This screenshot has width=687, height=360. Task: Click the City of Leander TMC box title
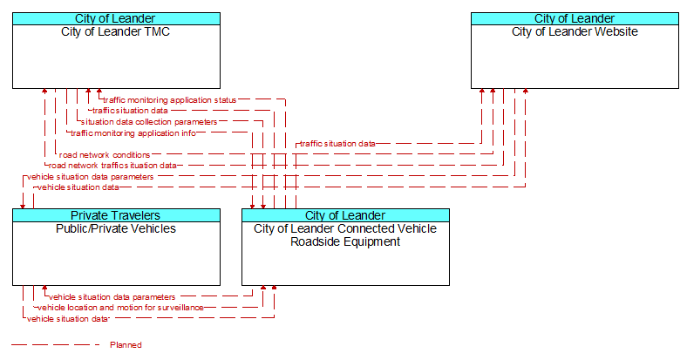click(116, 31)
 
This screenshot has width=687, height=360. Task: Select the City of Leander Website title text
click(575, 31)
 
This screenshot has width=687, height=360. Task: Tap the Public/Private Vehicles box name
click(116, 228)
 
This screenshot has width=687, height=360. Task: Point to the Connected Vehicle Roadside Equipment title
click(345, 235)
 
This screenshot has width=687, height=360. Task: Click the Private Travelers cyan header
click(116, 215)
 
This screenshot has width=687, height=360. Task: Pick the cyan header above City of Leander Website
click(575, 18)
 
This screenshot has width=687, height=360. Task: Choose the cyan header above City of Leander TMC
click(116, 18)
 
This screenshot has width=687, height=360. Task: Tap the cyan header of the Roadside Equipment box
click(346, 215)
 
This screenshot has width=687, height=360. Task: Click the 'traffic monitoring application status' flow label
click(169, 100)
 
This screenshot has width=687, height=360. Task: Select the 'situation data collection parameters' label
click(149, 122)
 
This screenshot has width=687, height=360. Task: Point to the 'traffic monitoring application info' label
click(133, 132)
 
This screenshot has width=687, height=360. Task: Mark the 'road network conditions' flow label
click(105, 154)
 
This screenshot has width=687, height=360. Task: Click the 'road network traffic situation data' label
click(112, 165)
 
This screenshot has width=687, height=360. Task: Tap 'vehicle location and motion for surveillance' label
click(120, 308)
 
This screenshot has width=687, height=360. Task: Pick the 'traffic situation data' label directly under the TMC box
click(130, 111)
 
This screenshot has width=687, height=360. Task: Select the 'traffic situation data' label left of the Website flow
click(337, 143)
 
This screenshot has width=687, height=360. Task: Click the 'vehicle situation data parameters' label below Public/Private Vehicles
click(112, 297)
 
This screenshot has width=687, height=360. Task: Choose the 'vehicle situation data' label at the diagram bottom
click(68, 319)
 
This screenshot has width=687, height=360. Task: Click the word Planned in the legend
click(126, 344)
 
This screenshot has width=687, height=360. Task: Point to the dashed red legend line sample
click(56, 344)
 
